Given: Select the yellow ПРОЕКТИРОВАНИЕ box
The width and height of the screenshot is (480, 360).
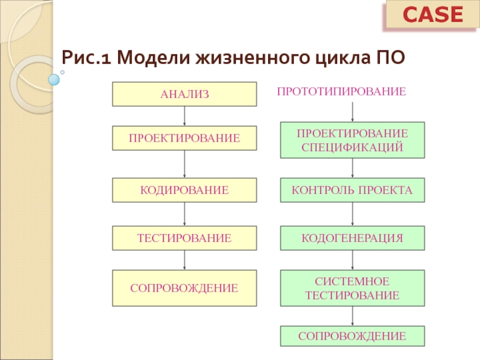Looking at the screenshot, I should click(184, 138).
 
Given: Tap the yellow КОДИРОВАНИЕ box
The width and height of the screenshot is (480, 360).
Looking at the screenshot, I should click(184, 190).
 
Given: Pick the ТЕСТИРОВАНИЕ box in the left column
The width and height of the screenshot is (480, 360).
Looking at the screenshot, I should click(184, 238).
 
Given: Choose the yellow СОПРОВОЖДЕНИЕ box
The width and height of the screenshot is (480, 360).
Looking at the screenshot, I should click(184, 288).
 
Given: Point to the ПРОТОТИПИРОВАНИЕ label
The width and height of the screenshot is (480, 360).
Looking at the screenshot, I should click(341, 92).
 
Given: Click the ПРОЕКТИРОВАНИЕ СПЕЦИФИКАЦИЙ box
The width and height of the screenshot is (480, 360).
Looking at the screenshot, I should click(352, 140).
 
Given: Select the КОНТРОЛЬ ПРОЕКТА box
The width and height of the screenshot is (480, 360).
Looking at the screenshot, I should click(352, 190).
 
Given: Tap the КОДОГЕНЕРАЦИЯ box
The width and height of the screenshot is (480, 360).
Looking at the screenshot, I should click(352, 238).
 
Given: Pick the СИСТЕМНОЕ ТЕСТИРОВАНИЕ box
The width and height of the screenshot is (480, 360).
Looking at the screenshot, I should click(352, 288).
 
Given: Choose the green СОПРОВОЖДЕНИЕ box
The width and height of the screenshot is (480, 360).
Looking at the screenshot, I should click(352, 336).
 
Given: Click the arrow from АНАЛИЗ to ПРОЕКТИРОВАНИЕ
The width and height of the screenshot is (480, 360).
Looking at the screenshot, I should click(184, 115).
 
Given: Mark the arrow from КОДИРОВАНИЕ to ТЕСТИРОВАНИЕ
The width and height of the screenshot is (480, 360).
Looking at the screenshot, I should click(184, 214).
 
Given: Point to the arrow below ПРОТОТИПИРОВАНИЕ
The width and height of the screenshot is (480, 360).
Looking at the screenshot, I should click(352, 112).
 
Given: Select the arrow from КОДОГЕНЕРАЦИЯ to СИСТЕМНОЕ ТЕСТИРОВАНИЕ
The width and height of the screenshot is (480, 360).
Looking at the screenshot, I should click(352, 260).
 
